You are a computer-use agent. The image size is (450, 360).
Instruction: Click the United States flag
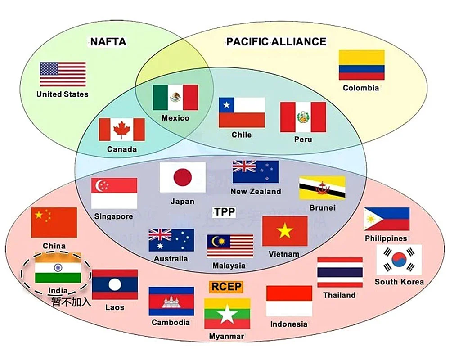63,74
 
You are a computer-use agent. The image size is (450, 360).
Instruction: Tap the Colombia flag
361,65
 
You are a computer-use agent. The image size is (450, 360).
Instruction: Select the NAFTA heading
108,42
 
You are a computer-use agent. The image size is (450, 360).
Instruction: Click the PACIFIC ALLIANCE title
276,42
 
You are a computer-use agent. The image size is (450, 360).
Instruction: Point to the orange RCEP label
226,287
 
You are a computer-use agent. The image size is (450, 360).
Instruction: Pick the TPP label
225,211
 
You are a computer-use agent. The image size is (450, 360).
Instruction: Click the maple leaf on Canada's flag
121,130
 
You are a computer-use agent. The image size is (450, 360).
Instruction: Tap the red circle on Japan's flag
183,177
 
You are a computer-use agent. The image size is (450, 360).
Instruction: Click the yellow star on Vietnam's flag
285,231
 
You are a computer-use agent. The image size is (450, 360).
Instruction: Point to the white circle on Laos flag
115,284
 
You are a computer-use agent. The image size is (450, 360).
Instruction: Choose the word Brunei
322,208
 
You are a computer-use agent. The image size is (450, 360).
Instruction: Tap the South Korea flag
399,260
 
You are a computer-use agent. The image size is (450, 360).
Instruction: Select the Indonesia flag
289,301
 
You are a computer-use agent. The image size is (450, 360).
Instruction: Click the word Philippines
386,238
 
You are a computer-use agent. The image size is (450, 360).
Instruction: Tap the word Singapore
113,216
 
